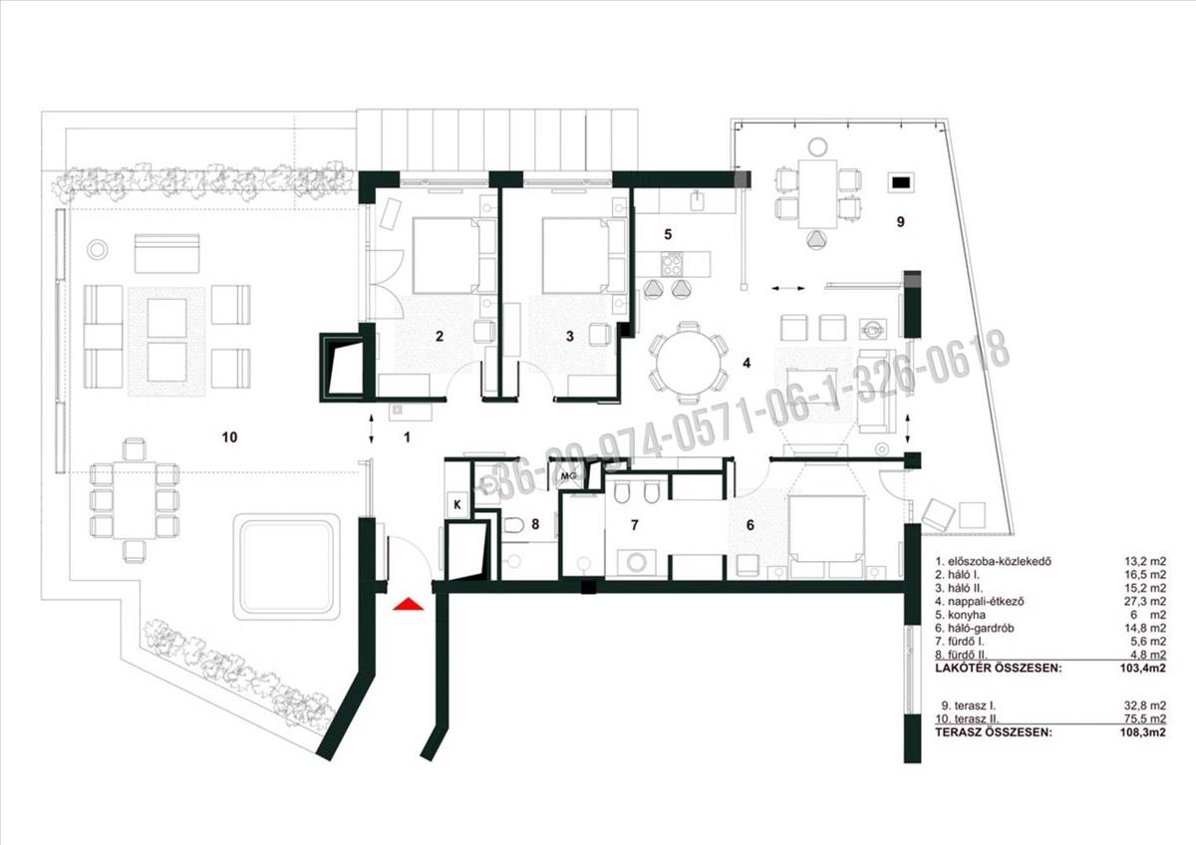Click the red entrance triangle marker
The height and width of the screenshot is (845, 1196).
408,604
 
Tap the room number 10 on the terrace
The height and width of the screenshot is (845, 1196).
229,437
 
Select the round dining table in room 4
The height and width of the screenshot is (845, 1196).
689,363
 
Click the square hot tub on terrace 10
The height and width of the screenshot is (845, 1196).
290,566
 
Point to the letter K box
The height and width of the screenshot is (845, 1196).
457,504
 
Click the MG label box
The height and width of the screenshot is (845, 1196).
569,475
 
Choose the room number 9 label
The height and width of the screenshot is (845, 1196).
901,221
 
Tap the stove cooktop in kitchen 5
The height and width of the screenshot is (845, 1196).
672,264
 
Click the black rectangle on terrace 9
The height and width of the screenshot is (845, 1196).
901,182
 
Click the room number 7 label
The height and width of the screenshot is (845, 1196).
634,525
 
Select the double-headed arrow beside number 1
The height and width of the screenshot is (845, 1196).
372,427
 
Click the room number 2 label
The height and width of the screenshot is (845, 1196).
440,336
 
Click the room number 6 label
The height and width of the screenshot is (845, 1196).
750,525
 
